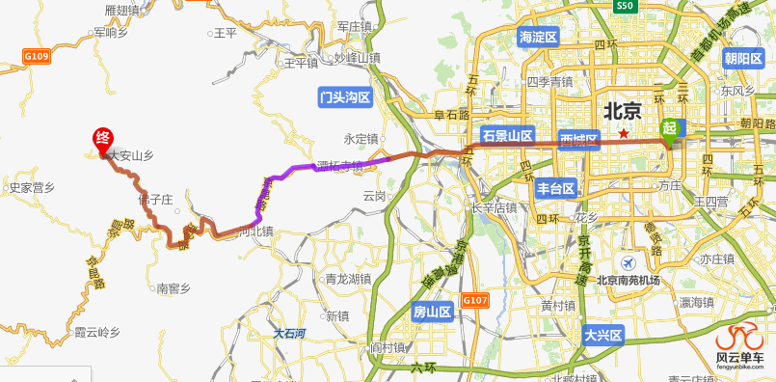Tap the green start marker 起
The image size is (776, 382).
tap(669, 127)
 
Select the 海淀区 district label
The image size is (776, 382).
tap(539, 38)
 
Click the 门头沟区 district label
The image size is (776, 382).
tap(345, 97)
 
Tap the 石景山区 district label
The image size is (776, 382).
tap(507, 135)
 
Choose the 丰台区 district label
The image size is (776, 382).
tap(556, 188)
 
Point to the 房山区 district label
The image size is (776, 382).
tap(432, 312)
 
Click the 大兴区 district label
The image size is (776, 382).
tap(603, 336)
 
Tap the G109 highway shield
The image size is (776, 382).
tap(37, 57)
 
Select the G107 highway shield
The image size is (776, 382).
tap(474, 300)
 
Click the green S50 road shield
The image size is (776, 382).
tap(626, 6)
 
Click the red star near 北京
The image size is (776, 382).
tap(624, 133)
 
